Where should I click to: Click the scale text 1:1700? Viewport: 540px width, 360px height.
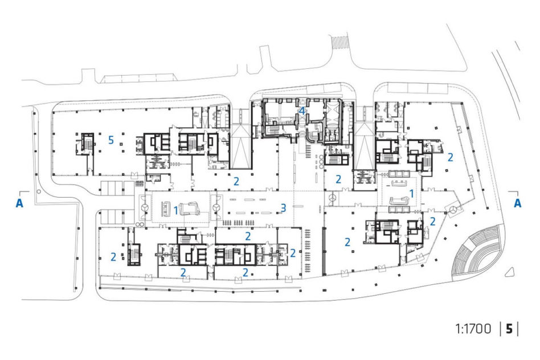tap(473, 329)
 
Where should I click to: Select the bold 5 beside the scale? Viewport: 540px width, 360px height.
tap(509, 329)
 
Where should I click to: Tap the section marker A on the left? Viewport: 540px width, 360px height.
tap(19, 203)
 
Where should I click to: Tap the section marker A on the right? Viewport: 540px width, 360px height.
tap(517, 203)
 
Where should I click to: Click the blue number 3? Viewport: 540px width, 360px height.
tap(283, 208)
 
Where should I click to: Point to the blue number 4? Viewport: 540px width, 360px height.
tap(302, 111)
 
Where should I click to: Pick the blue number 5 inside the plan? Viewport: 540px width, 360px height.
tap(111, 140)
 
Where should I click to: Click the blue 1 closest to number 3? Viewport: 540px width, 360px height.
tap(176, 210)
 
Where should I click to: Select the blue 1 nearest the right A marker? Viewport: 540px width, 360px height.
tap(411, 194)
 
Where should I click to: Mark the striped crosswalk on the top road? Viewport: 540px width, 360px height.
tap(340, 42)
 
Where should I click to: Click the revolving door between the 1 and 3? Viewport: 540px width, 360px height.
tap(216, 208)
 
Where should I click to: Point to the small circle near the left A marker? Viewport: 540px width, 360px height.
tap(39, 191)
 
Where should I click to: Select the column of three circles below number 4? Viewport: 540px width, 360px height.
tap(321, 161)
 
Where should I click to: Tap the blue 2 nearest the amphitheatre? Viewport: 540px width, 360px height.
tap(432, 221)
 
